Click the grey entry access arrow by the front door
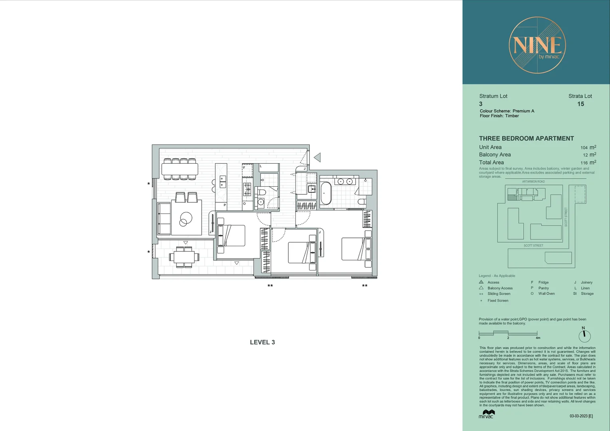coord(318,158)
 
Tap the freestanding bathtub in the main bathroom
coord(326,194)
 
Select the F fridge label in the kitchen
coord(244,168)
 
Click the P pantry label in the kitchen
coord(224,205)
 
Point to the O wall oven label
coord(244,204)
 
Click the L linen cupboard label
coord(261,166)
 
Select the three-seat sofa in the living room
coord(164,219)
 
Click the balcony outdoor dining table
coord(184,257)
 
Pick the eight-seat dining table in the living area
coord(180,169)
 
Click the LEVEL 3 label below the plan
coord(262,342)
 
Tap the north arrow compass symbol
coord(584,335)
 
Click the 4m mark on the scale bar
coord(537,338)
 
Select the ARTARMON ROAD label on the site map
coord(533,182)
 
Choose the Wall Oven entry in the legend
coord(546,294)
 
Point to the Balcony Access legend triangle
coord(481,288)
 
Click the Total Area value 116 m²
coord(588,162)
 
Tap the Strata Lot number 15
coord(580,104)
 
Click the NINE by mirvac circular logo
coord(537,45)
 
